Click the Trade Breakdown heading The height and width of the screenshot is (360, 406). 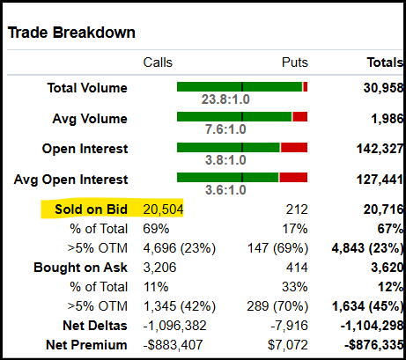tap(72, 33)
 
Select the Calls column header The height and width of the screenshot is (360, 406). tap(159, 62)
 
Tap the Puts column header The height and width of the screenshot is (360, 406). tap(294, 62)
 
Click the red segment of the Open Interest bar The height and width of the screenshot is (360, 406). tap(294, 147)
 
